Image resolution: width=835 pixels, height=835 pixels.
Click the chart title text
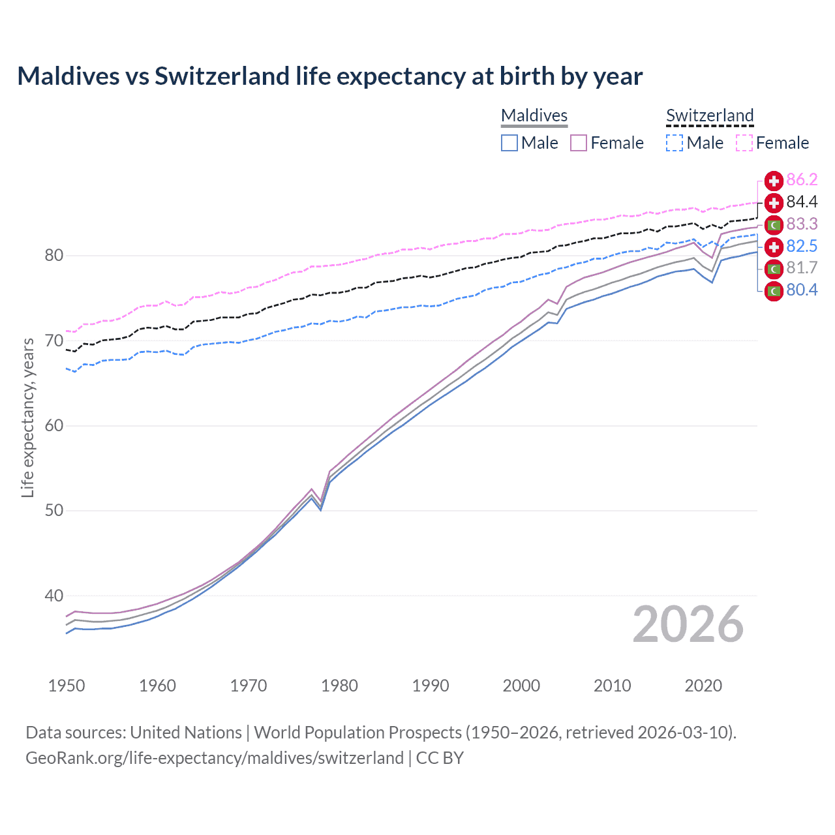[329, 76]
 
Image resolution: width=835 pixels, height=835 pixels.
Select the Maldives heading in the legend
[534, 115]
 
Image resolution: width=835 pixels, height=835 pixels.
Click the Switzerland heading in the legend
[710, 115]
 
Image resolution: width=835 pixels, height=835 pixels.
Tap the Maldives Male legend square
[509, 143]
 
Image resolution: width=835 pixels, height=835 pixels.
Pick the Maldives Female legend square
[579, 143]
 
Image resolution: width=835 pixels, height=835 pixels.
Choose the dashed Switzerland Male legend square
[675, 143]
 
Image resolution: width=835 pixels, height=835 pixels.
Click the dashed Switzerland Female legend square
[744, 143]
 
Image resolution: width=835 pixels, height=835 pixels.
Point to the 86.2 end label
[802, 180]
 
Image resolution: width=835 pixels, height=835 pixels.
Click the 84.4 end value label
[802, 202]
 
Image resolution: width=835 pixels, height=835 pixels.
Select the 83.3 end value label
[802, 224]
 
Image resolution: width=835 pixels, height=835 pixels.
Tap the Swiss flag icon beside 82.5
[774, 247]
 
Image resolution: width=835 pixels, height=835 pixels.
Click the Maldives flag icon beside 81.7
[774, 268]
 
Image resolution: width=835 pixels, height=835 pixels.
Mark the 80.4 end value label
[802, 290]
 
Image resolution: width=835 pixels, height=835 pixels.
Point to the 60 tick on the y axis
[54, 426]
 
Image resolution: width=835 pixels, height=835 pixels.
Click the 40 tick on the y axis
[54, 596]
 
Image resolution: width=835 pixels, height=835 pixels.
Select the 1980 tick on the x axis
[339, 686]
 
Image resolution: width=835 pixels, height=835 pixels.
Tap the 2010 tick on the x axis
[612, 686]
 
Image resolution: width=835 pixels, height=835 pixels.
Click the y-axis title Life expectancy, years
[27, 417]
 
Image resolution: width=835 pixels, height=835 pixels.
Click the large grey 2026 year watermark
[688, 624]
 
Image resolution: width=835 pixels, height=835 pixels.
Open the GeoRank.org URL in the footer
[215, 758]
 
